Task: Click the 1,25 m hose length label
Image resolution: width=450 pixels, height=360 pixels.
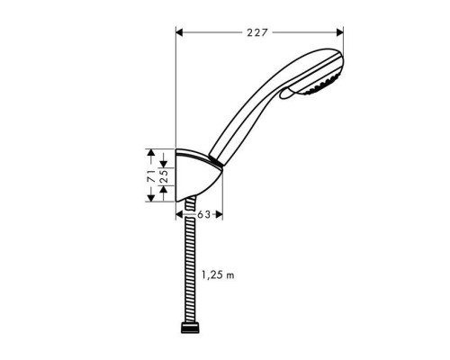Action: (x=219, y=274)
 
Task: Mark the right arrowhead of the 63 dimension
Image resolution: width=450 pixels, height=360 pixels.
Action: (x=220, y=215)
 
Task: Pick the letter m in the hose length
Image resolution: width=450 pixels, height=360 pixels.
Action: (x=230, y=274)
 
